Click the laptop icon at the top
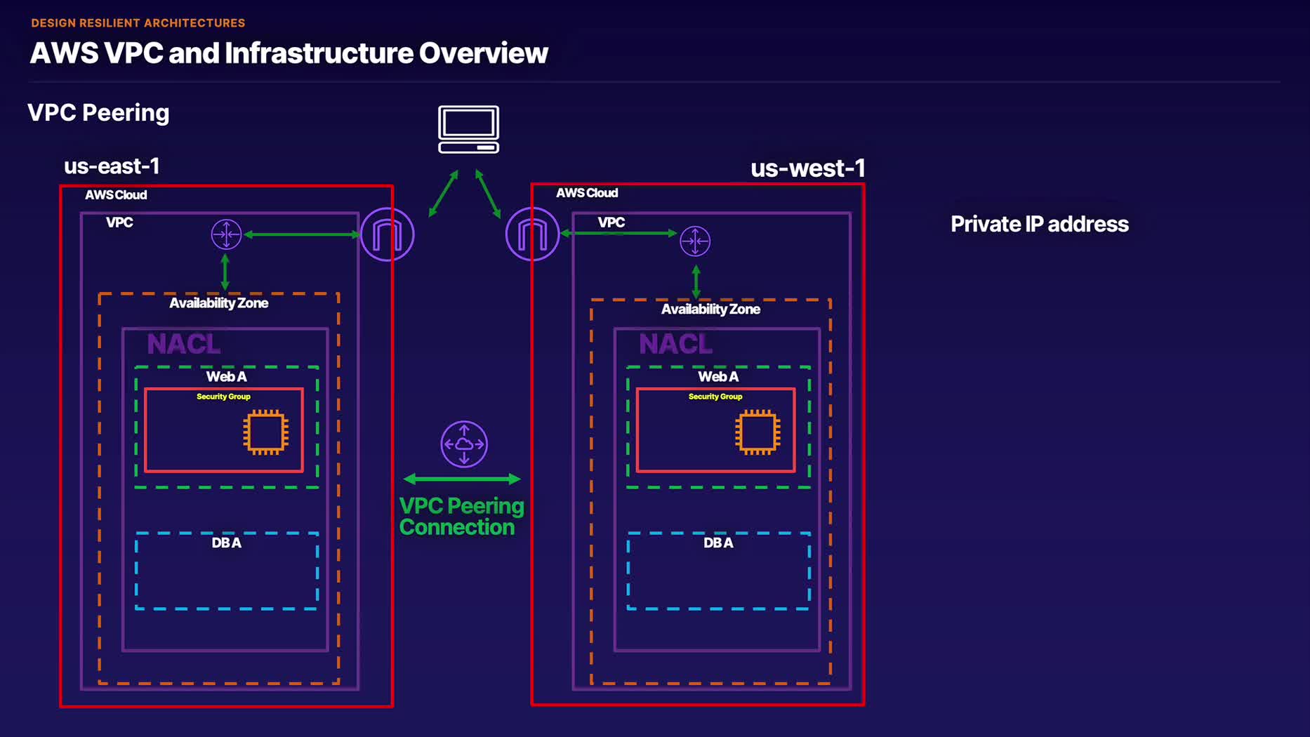coord(468,129)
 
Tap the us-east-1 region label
coord(112,166)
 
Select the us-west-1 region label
coord(807,168)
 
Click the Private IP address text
coord(1039,224)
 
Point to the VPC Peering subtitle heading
coord(98,112)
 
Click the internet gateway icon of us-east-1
coord(387,234)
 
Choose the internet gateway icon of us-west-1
coord(532,234)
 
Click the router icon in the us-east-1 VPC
coord(226,234)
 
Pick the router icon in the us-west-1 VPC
coord(695,241)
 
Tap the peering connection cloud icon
coord(464,444)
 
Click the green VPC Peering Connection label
coord(461,517)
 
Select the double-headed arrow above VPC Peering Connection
coord(462,479)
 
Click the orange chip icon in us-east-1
coord(265,431)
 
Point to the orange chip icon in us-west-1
coord(757,431)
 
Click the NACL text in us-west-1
coord(675,344)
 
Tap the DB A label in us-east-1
coord(226,543)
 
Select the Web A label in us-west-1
coord(718,377)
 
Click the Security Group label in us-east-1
coord(223,397)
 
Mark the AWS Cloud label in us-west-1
coord(587,193)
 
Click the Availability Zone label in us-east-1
coord(218,303)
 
